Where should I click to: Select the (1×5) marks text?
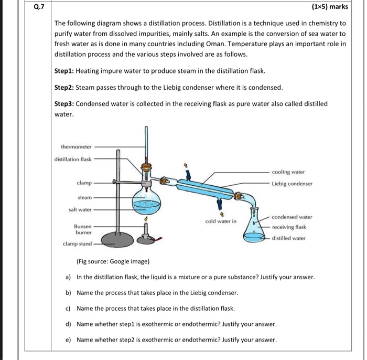pos(330,7)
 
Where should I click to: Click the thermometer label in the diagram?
pos(76,146)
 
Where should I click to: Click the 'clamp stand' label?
pos(77,243)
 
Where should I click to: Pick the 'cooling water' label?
pos(288,172)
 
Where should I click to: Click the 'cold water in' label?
pos(221,221)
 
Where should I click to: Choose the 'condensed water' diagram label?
pos(292,216)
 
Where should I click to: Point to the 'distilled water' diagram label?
pos(288,238)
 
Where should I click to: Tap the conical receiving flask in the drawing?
pos(256,231)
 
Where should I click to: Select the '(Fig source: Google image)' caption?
pos(113,261)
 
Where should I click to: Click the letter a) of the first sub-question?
pos(68,277)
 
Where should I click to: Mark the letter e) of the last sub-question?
pos(68,340)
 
